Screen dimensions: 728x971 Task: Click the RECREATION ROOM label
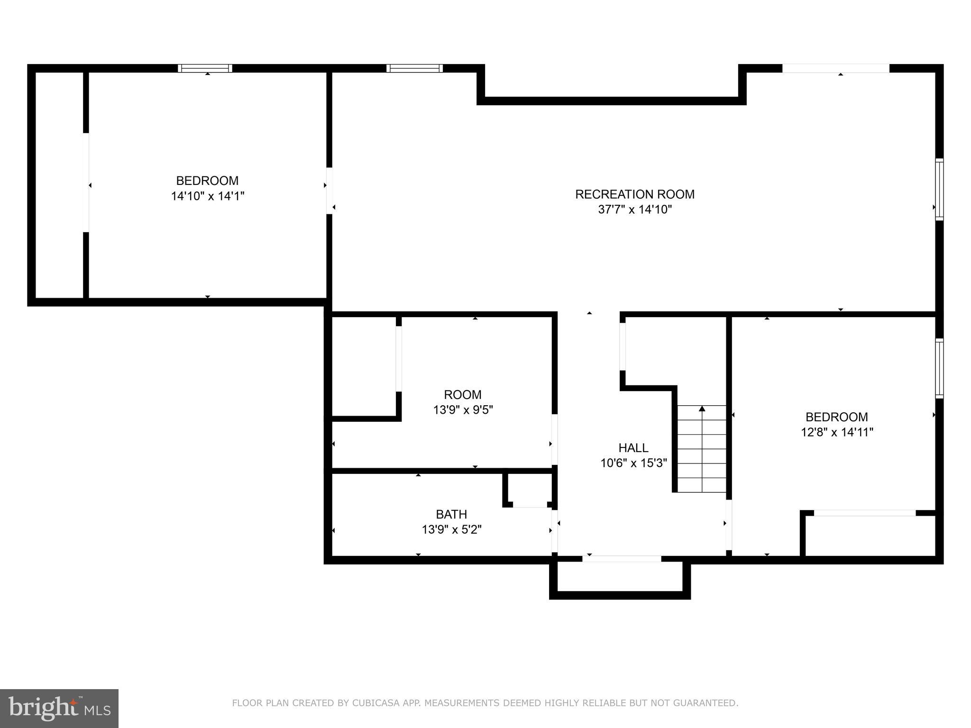click(634, 194)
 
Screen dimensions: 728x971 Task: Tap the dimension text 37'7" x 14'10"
click(634, 209)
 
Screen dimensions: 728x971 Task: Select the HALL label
click(633, 448)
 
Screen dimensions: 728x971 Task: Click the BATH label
click(451, 514)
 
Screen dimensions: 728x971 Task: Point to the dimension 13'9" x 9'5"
click(463, 410)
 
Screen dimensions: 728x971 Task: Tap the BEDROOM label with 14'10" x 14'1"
click(207, 181)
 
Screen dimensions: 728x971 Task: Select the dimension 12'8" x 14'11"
click(837, 432)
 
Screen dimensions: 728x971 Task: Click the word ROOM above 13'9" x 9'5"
click(462, 395)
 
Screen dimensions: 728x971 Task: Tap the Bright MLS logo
click(59, 708)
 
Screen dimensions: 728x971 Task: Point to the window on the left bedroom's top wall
click(205, 68)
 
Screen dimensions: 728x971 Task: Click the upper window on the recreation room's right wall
click(939, 190)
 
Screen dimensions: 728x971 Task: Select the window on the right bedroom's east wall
click(939, 368)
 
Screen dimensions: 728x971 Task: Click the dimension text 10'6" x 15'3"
click(633, 463)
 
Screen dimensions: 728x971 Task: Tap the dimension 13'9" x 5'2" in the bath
click(451, 529)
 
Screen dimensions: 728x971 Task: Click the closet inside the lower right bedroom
click(870, 536)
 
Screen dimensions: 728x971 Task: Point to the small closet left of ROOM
click(364, 366)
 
